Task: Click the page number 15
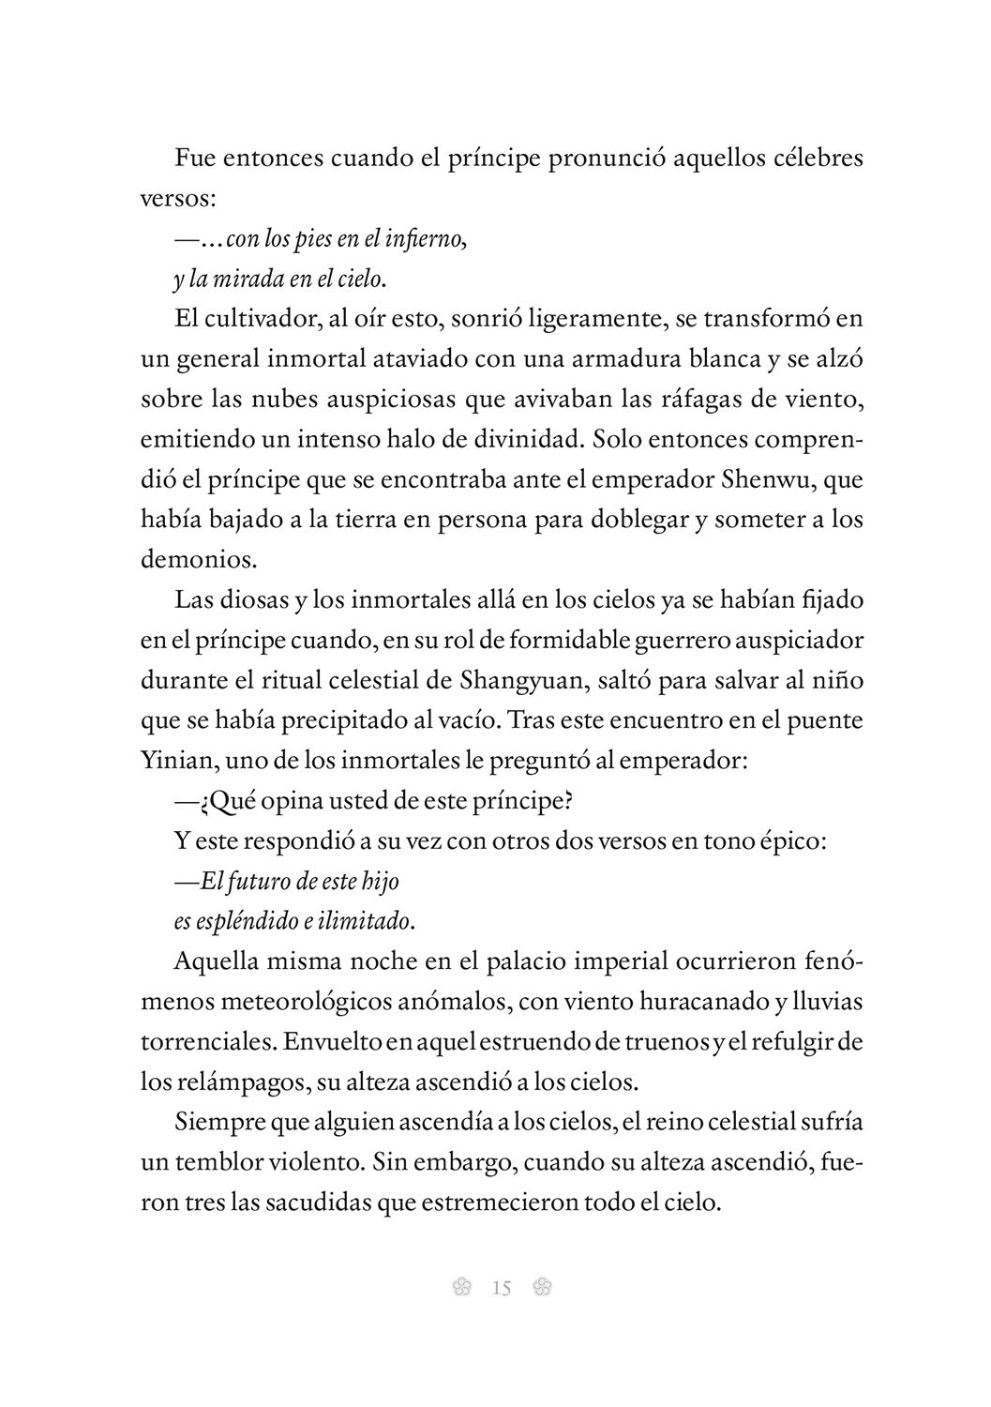click(501, 1288)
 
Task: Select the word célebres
click(815, 158)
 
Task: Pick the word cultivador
click(260, 319)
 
